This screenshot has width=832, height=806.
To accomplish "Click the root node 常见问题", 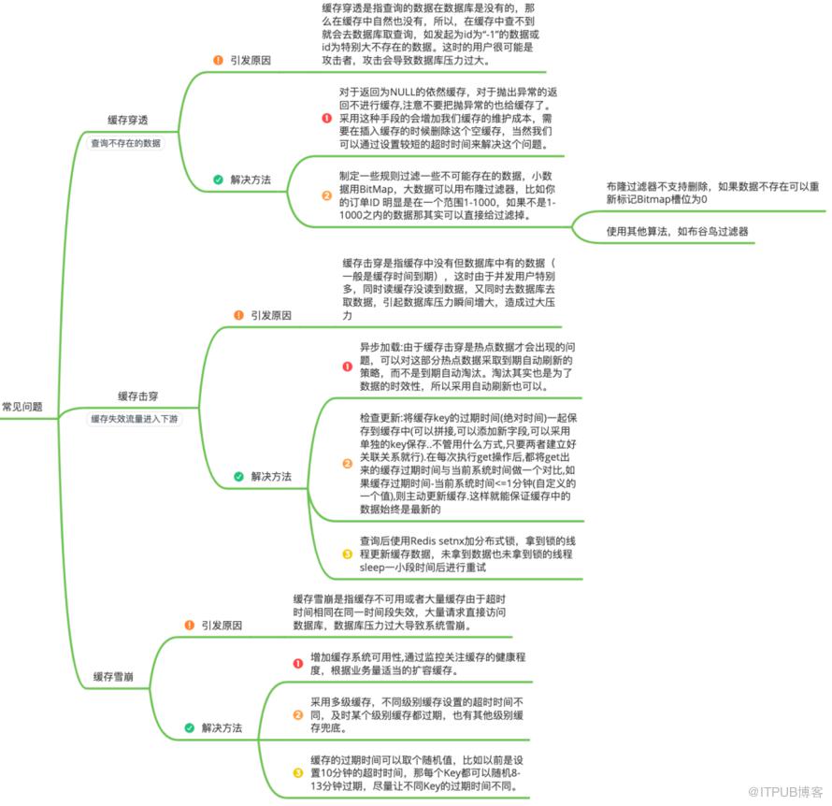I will [x=22, y=407].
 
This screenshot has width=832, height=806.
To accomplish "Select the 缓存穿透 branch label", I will [x=127, y=120].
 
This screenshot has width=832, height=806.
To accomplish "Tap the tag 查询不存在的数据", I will [x=125, y=144].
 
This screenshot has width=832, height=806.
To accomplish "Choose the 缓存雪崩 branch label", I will [x=112, y=675].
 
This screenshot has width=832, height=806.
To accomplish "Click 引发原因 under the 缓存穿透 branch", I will [x=251, y=59].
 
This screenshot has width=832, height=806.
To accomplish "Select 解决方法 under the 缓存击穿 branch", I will [x=271, y=476].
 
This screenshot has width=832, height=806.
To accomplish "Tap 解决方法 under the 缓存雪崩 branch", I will [x=222, y=727].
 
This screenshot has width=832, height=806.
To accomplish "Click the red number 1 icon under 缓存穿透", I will [x=326, y=119].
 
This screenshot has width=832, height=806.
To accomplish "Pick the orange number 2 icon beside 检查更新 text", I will [x=347, y=463].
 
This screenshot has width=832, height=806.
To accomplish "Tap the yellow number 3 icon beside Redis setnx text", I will [x=347, y=554].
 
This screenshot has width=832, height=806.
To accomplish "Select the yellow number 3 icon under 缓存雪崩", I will [x=298, y=773].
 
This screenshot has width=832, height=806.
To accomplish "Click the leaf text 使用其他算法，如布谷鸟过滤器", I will [x=678, y=230].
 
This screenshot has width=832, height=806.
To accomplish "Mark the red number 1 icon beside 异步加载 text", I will [x=347, y=366].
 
